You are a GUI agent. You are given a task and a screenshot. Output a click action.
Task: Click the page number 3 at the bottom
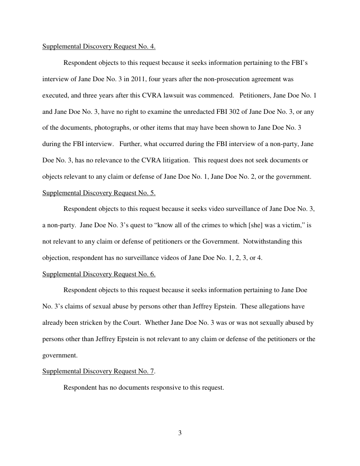[x=180, y=432]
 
